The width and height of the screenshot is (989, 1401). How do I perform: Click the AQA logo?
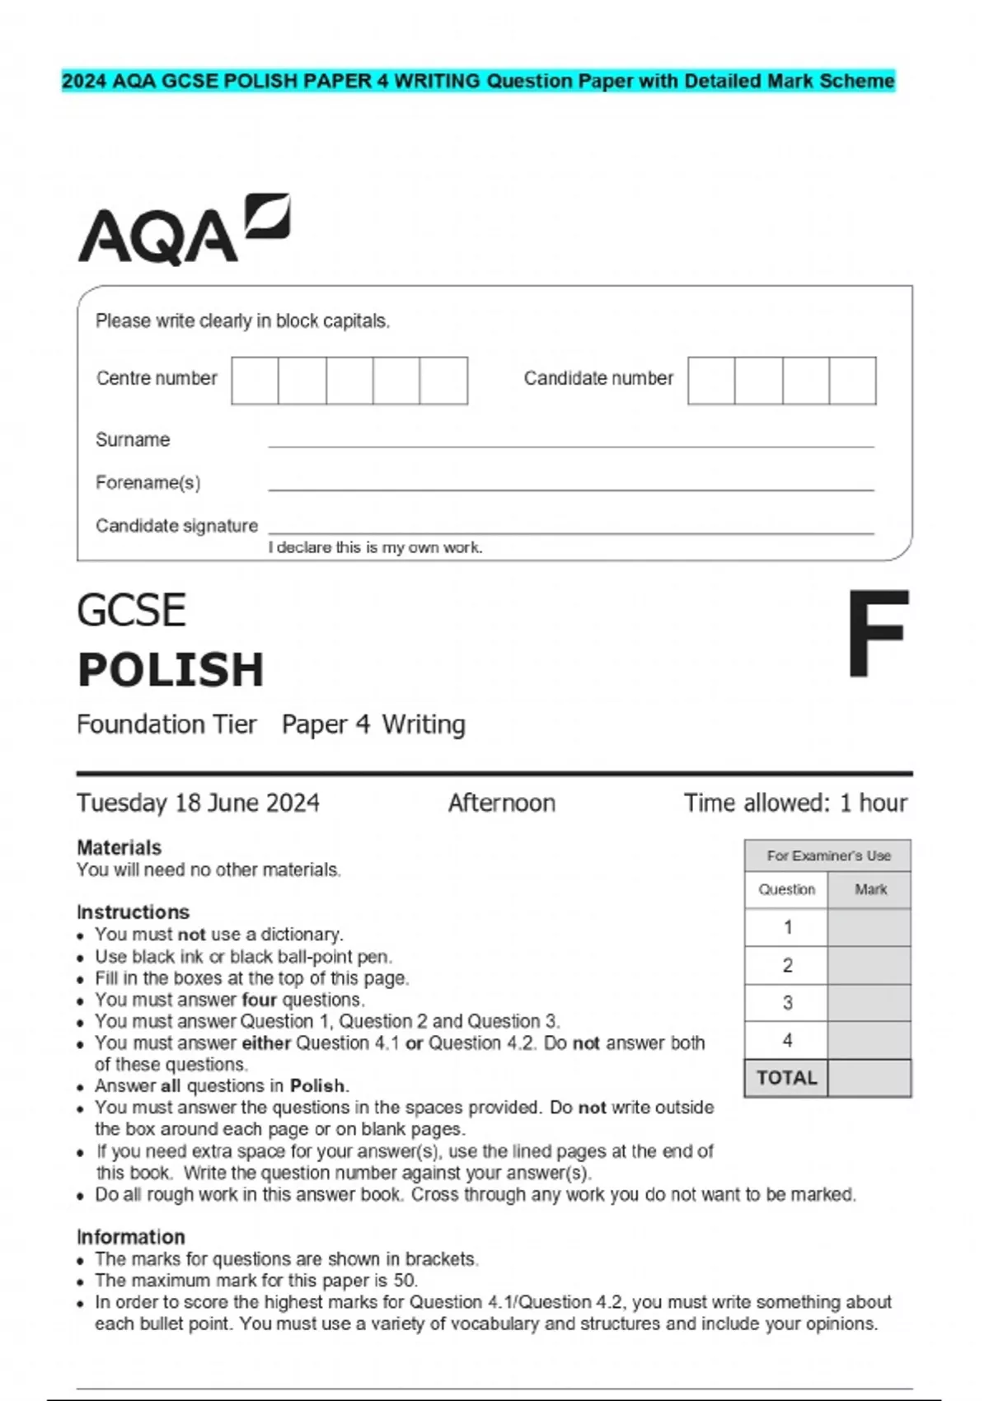[183, 231]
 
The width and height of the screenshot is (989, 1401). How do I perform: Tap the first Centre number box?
[255, 381]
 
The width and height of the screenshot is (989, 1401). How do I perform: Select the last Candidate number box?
[852, 381]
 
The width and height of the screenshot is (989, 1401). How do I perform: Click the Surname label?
[133, 440]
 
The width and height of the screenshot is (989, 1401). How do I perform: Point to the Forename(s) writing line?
[570, 488]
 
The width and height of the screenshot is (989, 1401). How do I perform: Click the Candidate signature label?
[176, 526]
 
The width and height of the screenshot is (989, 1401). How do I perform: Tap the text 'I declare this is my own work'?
[375, 548]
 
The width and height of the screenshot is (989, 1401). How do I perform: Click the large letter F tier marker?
[878, 634]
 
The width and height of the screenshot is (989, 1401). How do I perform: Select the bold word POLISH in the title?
[171, 669]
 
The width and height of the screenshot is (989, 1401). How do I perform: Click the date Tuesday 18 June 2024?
[198, 803]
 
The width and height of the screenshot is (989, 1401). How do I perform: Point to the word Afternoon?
[501, 803]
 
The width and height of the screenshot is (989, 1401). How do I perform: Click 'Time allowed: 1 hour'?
[794, 803]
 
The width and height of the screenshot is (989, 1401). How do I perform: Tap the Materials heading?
[119, 848]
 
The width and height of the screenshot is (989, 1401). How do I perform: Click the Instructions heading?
[133, 912]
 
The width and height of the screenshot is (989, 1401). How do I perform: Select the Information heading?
[130, 1237]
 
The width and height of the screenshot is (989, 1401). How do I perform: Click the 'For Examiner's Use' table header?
[827, 856]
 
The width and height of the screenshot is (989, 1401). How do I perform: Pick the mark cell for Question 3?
[869, 1003]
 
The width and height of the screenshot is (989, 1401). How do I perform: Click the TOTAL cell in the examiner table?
[786, 1078]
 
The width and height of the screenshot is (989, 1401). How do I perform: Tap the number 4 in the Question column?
[787, 1041]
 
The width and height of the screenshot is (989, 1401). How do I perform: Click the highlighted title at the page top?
[478, 81]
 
